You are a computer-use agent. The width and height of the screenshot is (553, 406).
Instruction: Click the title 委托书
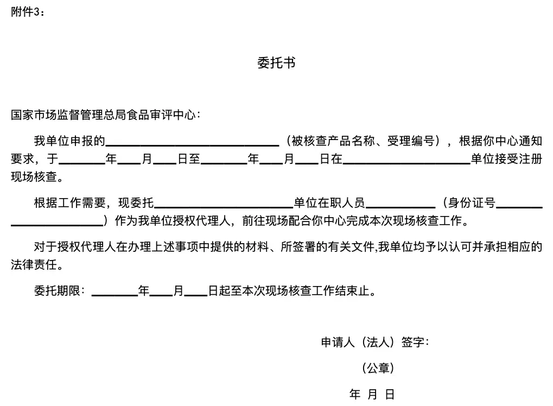coord(276,63)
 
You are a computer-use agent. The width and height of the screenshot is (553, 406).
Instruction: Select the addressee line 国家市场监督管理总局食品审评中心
coord(105,115)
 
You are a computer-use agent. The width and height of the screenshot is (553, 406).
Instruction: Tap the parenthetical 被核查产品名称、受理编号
coord(364,142)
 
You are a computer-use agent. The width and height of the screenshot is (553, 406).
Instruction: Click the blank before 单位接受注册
coord(406,161)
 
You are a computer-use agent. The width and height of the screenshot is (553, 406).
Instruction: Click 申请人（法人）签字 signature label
coord(375,342)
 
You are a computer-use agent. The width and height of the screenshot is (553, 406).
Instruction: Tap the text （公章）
coord(378,368)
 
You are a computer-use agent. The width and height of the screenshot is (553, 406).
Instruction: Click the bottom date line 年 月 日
coord(372,395)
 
